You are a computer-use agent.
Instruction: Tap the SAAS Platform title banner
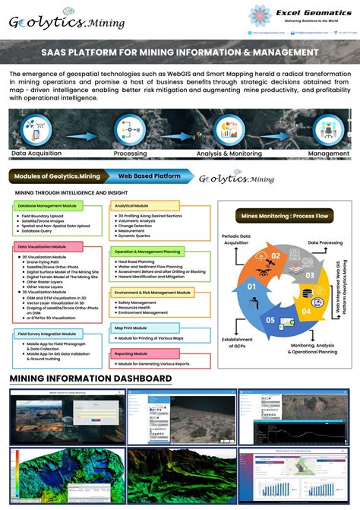(180, 52)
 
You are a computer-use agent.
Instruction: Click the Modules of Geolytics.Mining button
(55, 176)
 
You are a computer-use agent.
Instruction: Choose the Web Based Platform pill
(150, 176)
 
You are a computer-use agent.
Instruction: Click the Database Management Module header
(47, 206)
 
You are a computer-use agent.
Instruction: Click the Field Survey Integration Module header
(47, 334)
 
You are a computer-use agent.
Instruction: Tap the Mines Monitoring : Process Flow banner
(284, 216)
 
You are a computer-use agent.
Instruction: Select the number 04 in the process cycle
(305, 311)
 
